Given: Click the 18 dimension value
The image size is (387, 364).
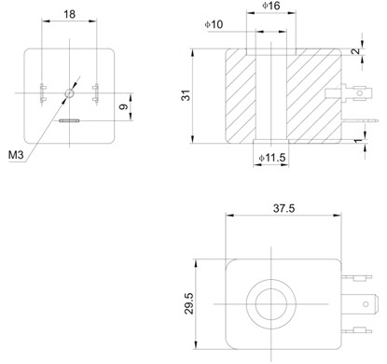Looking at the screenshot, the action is coord(69,14).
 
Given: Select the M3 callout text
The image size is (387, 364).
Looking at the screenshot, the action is coord(16,154).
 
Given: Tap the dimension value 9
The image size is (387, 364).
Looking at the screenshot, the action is coord(124,106).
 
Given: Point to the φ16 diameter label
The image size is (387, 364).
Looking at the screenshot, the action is coord(271,6).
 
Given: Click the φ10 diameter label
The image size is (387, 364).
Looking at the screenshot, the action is coord(214,24).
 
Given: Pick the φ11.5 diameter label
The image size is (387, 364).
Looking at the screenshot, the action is coord(272,158).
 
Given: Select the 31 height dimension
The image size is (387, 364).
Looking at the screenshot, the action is coord(186,95).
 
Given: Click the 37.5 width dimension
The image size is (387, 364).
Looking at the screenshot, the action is coord(283,208).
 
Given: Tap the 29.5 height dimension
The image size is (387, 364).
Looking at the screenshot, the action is coord(189,303).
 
